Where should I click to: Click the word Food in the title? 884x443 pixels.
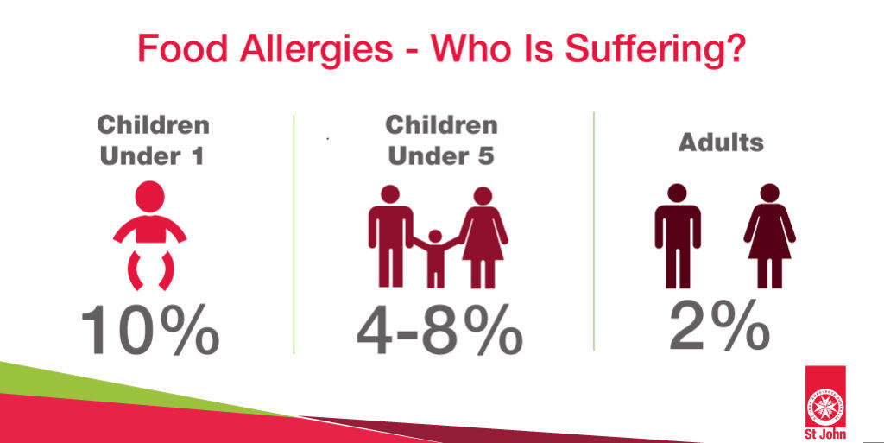183,48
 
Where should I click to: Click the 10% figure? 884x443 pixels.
150,330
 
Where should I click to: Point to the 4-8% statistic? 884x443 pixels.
439,330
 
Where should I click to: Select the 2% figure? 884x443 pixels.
720,326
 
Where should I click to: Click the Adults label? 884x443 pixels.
721,142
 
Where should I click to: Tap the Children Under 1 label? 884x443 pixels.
153,141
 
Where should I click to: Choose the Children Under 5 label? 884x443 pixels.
441,141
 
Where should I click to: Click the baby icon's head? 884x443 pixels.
150,196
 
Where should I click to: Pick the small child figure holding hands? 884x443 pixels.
435,258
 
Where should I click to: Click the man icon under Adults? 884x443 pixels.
677,236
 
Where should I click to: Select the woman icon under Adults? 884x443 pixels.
769,236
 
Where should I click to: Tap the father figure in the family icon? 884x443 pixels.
390,237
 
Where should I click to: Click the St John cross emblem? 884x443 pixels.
824,405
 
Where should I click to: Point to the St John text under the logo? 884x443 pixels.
825,434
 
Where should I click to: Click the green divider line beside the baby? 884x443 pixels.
294,234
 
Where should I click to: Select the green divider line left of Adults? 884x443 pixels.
594,231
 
